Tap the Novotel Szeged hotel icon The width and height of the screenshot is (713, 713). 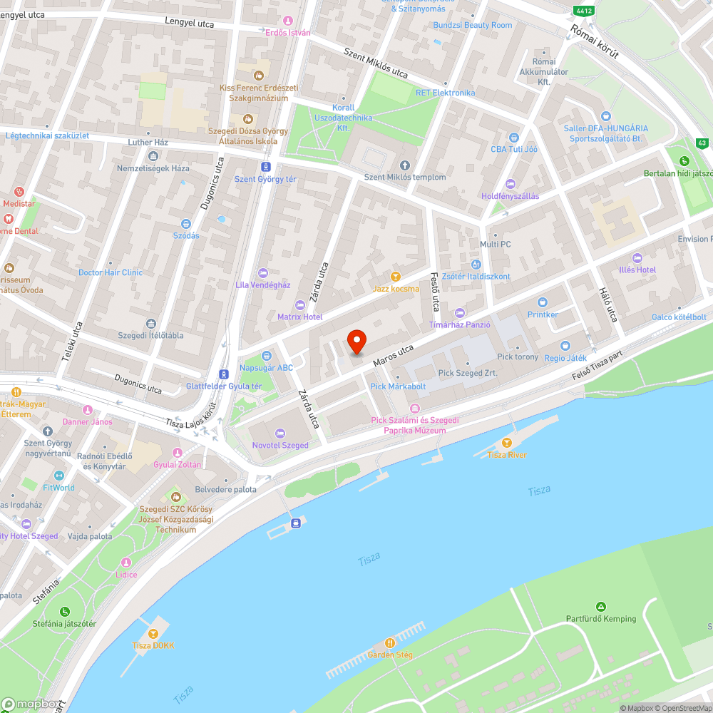click(280, 433)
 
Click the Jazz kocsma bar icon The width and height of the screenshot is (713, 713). click(396, 277)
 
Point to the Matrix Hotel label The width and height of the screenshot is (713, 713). click(299, 317)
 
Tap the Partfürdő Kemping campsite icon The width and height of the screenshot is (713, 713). click(601, 607)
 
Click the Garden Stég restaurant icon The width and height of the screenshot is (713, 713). click(389, 642)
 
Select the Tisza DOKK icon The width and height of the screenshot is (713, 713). click(153, 633)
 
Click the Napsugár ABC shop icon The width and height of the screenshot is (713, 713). click(266, 356)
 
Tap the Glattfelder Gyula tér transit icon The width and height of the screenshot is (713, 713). click(224, 374)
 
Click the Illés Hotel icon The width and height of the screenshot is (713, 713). click(637, 258)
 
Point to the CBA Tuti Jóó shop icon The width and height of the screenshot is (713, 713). click(513, 137)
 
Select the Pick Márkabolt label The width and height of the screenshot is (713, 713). click(398, 386)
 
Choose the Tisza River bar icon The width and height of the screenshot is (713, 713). click(507, 443)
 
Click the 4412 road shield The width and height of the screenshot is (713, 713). click(583, 11)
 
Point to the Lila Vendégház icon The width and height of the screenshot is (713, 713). click(262, 273)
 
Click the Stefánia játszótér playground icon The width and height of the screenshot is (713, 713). click(65, 611)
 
